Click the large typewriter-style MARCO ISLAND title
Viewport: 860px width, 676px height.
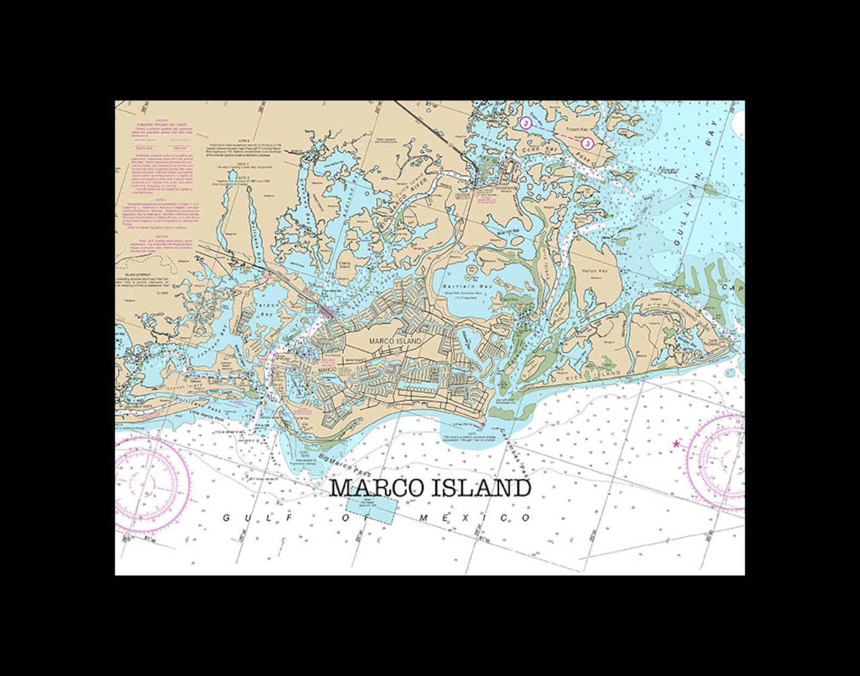(x=431, y=488)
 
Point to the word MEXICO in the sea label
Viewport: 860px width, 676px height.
(x=475, y=518)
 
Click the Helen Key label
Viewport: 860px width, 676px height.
(x=595, y=270)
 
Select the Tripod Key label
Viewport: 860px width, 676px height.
(x=577, y=130)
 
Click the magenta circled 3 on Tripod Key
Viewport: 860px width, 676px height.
(x=588, y=143)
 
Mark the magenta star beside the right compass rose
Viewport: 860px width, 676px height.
(x=676, y=444)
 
